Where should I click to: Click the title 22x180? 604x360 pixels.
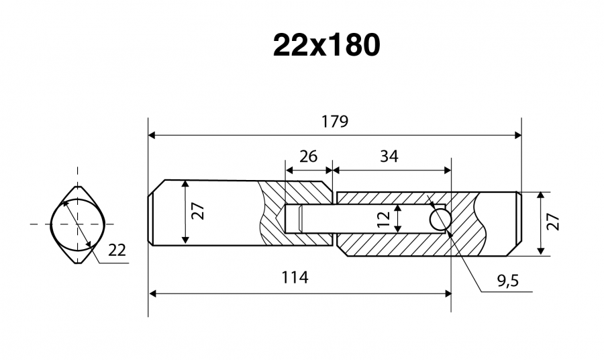click(x=327, y=46)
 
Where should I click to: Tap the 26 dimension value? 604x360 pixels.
click(x=309, y=156)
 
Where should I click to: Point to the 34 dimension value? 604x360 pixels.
click(x=389, y=156)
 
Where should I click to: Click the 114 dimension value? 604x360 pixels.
click(x=295, y=277)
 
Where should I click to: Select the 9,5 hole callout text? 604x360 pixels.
click(x=508, y=281)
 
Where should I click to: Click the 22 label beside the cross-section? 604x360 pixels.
click(x=117, y=251)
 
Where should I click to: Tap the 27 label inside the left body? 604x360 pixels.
click(x=198, y=211)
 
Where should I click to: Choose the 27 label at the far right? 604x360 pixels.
click(x=553, y=222)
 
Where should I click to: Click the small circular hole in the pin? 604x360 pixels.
click(x=440, y=220)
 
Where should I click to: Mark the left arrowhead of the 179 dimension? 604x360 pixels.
click(x=152, y=135)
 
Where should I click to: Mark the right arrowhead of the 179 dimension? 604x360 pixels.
click(x=517, y=135)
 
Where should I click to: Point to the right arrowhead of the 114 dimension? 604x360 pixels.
click(x=448, y=294)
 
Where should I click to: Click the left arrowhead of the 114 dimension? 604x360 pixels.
click(x=152, y=294)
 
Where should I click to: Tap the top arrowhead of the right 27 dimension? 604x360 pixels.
click(x=541, y=195)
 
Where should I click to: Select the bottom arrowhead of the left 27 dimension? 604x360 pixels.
click(x=186, y=240)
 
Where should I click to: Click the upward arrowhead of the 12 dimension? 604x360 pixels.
click(x=398, y=208)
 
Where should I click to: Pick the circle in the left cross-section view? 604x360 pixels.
click(x=78, y=224)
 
